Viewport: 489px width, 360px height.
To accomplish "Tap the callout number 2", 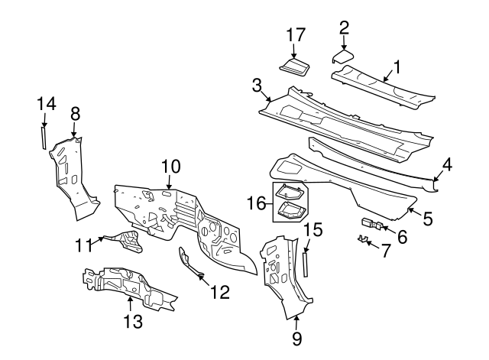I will tap(344, 28).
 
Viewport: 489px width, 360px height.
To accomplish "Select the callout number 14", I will tap(44, 102).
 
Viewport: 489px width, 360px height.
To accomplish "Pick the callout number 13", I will tap(133, 322).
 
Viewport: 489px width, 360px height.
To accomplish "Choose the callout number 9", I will tap(297, 336).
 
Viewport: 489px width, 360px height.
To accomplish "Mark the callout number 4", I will tap(448, 164).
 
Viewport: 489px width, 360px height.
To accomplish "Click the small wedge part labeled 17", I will tap(295, 66).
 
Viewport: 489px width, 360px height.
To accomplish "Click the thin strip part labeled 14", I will tap(44, 138).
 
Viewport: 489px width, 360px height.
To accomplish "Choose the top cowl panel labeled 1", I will tap(382, 85).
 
